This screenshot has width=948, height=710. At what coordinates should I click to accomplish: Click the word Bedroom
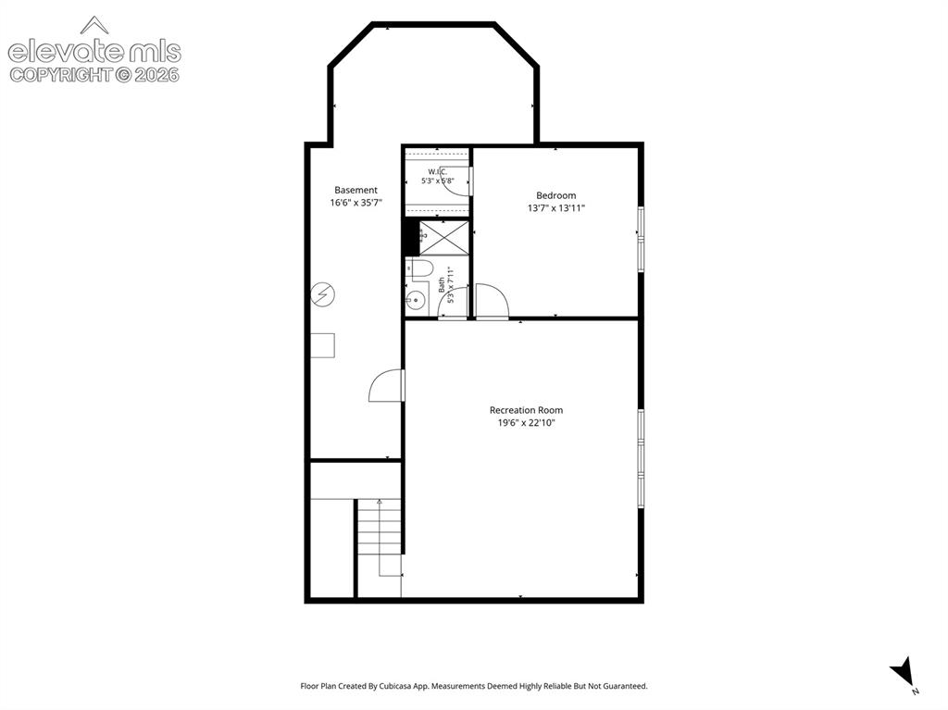click(555, 195)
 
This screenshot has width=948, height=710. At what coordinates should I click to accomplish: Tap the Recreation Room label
click(526, 410)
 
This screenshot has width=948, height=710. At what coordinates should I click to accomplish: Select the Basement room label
click(355, 190)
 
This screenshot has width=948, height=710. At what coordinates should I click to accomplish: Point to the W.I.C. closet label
click(437, 172)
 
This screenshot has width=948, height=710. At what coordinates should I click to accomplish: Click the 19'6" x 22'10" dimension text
click(526, 423)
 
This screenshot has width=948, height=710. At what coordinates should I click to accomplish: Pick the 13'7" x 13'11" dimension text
click(555, 208)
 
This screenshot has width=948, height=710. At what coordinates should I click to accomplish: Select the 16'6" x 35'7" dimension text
click(355, 203)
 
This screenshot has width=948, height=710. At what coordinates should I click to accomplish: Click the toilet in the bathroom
click(420, 269)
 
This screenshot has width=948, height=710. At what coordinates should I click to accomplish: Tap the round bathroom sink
click(415, 299)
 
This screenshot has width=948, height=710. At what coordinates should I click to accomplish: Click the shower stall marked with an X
click(444, 238)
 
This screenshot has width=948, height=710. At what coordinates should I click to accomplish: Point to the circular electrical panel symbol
click(323, 294)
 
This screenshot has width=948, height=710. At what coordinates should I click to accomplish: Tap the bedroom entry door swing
click(492, 300)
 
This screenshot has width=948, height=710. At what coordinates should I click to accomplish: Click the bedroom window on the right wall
click(641, 240)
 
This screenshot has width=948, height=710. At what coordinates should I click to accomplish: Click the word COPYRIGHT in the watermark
click(61, 75)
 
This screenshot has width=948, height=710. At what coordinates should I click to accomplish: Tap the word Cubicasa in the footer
click(396, 686)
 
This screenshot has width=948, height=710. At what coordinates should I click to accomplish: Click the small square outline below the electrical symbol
click(323, 345)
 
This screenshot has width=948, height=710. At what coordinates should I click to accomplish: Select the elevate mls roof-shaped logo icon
click(94, 24)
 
